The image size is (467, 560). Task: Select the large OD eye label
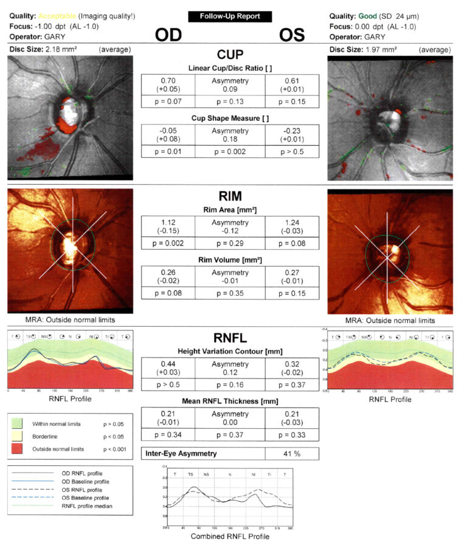point(173,35)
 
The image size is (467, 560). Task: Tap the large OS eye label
point(292,35)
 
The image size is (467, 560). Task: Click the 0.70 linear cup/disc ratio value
point(167,81)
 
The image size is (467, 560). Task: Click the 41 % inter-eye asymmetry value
point(292,453)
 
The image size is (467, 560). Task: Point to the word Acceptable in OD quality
point(56,16)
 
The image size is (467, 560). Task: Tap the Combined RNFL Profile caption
point(230,536)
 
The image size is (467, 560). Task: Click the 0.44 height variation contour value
point(167,364)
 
